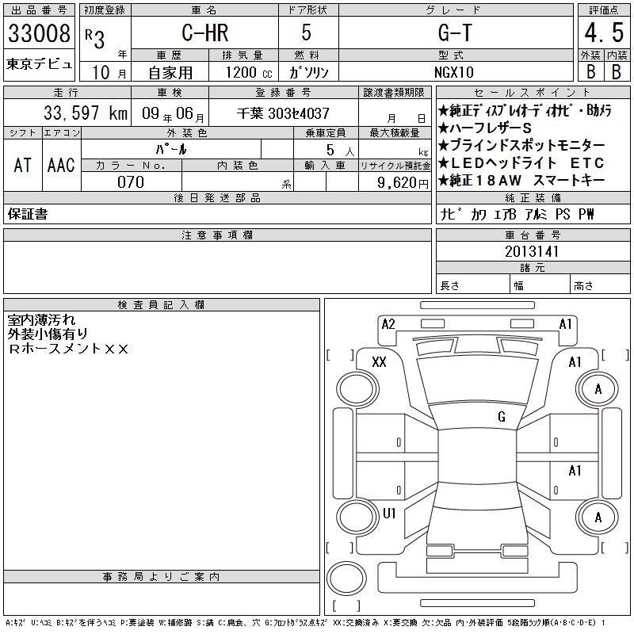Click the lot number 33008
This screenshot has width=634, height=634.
pos(39,34)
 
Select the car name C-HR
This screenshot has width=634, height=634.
pos(205,33)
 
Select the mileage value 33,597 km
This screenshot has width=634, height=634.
pos(75,113)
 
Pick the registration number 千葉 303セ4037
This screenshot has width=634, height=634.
pos(284,113)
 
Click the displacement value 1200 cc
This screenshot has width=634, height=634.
pos(247,71)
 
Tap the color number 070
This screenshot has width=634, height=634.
pos(131,181)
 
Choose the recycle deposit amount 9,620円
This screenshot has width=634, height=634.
pos(394,181)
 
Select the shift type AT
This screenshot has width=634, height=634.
pos(22,165)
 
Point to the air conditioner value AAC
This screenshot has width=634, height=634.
pos(61,165)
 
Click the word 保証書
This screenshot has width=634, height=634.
pos(27,214)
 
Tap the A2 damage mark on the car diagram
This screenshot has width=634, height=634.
pos(388,323)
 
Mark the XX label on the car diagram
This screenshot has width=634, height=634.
pos(379,361)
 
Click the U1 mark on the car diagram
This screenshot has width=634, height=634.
pos(389,514)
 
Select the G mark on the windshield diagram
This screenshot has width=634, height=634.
pos(502,417)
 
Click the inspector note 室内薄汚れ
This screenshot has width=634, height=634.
pos(42,320)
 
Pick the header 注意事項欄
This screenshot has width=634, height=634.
pos(217,235)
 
